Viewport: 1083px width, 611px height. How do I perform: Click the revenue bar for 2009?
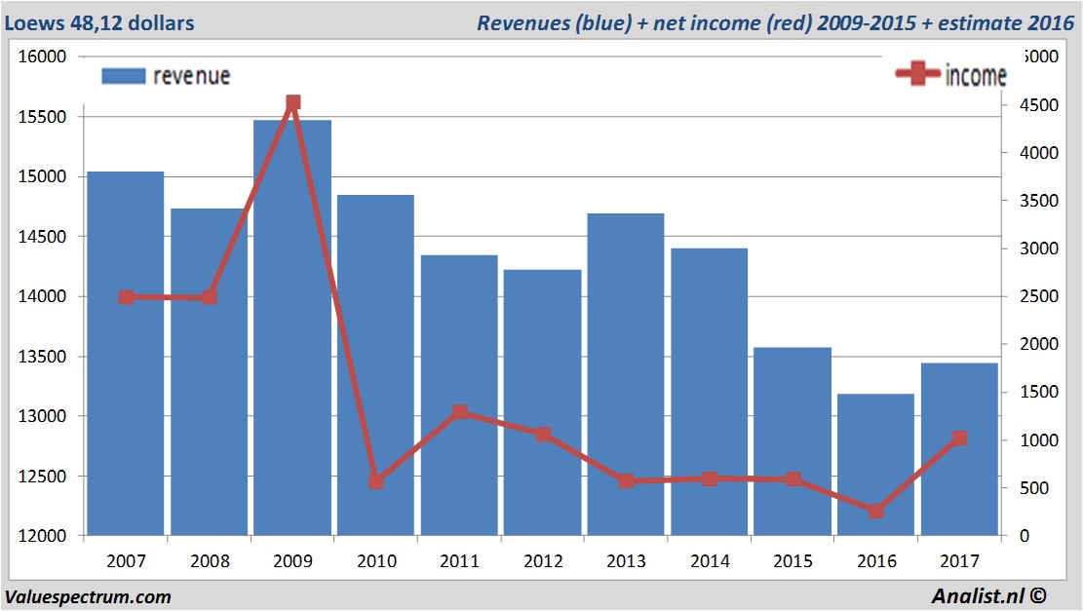click(x=292, y=331)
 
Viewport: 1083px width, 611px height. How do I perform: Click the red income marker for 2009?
click(x=292, y=102)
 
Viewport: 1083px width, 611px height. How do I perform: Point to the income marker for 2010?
click(x=376, y=481)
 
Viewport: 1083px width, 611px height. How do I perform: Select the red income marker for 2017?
click(x=959, y=439)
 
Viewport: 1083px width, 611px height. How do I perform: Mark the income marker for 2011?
click(x=460, y=412)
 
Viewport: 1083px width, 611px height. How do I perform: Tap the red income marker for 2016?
click(x=875, y=511)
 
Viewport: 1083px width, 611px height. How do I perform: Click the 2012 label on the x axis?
click(x=543, y=561)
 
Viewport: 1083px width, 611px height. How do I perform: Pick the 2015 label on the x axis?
click(x=793, y=561)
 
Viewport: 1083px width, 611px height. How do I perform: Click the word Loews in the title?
click(x=30, y=22)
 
